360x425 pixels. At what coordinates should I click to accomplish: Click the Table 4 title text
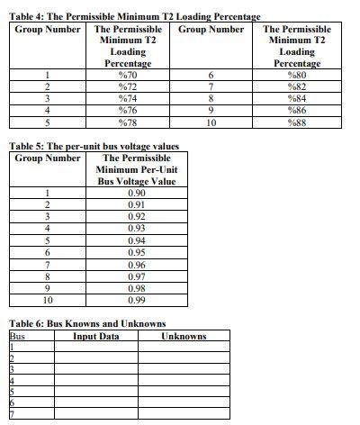[134, 17]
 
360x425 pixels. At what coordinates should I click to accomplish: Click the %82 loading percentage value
[297, 86]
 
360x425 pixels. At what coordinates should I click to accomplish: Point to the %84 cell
[297, 98]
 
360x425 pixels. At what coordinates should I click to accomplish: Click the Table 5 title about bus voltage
[94, 146]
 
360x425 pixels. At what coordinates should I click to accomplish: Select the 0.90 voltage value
[137, 193]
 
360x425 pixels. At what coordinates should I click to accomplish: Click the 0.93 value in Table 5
[137, 229]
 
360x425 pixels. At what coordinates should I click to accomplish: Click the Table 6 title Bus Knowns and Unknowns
[86, 323]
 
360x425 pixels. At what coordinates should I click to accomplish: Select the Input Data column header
[96, 336]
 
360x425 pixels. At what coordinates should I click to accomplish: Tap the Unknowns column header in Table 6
[184, 336]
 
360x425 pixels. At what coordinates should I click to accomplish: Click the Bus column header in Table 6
[17, 336]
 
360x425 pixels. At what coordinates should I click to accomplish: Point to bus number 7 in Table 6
[13, 414]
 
